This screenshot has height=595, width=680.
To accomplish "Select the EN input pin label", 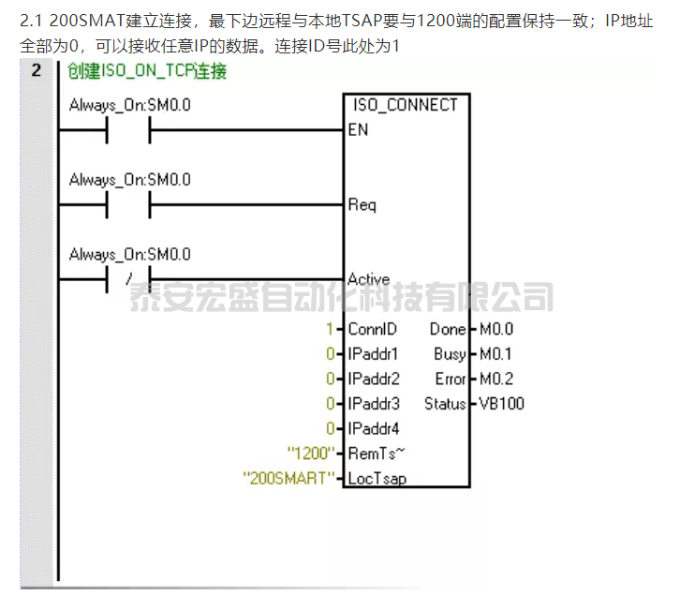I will click(358, 130).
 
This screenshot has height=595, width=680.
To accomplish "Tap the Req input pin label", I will click(362, 204).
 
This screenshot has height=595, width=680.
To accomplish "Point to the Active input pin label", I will click(368, 279).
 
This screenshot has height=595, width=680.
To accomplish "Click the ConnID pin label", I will click(372, 329).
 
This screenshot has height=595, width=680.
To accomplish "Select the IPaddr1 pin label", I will click(373, 354).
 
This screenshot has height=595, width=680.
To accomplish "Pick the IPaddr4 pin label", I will click(373, 429).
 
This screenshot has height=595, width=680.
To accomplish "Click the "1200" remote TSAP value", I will click(311, 454).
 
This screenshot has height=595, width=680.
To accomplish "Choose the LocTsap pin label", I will click(377, 479).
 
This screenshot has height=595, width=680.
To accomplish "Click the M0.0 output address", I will click(496, 329).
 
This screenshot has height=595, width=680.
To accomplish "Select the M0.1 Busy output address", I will click(496, 354).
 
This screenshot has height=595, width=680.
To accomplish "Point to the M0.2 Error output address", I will click(496, 379).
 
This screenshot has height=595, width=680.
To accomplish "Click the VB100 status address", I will click(502, 404).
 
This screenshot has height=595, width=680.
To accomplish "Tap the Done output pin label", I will click(448, 329).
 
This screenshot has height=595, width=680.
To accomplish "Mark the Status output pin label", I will click(445, 404).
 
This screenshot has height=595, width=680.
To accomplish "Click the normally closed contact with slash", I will click(128, 279).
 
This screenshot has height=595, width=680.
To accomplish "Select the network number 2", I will click(36, 70).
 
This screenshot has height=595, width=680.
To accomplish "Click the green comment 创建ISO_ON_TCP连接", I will click(147, 71).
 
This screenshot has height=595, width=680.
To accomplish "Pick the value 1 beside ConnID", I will click(330, 329).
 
